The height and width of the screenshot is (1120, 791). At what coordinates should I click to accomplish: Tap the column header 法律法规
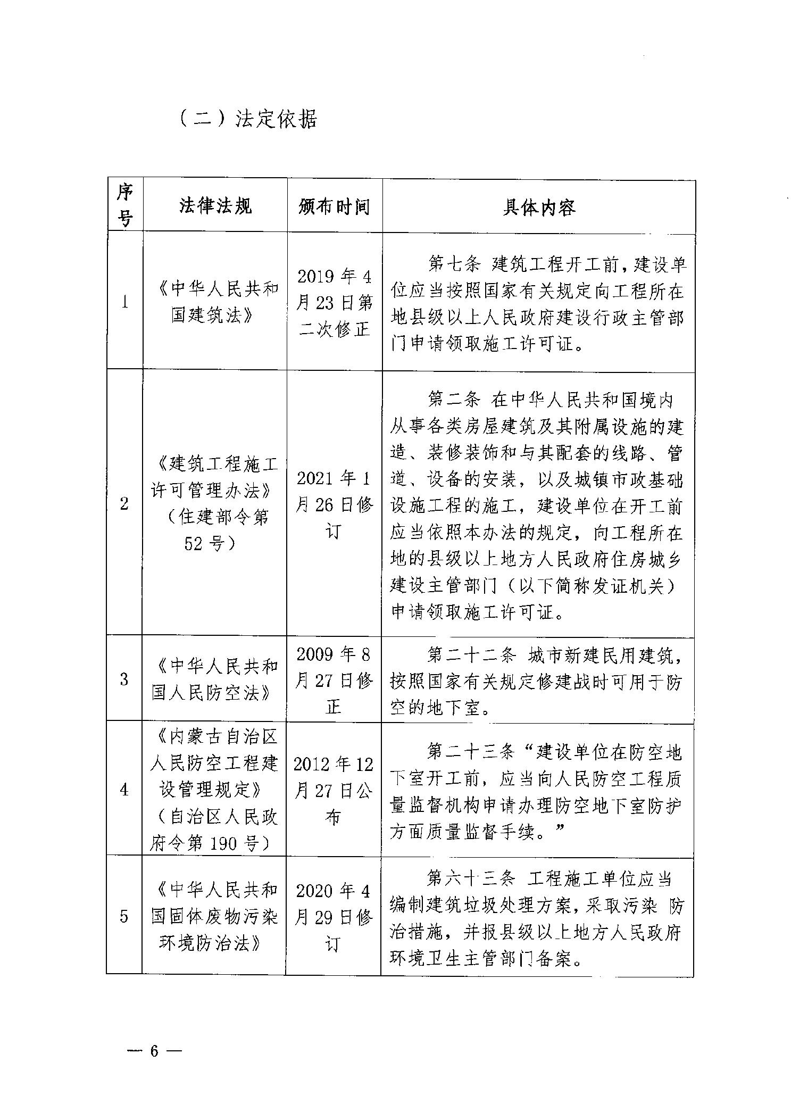point(215,206)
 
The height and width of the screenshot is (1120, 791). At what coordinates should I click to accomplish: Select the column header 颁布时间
point(334,206)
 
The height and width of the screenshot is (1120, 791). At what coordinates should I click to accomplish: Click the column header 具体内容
point(538,207)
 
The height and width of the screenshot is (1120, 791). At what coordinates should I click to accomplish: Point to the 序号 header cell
point(125,205)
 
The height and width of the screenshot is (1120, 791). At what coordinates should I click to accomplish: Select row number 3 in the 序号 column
point(124,679)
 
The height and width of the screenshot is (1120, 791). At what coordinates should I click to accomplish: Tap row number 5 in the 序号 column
point(124,916)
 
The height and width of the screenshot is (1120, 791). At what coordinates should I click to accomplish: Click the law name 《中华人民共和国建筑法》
point(215,302)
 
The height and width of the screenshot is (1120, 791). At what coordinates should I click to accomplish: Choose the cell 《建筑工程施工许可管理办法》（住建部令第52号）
point(215,503)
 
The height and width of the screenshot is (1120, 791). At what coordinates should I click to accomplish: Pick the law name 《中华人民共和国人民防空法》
point(215,679)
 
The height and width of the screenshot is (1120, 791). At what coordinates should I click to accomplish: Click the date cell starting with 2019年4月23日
point(334,303)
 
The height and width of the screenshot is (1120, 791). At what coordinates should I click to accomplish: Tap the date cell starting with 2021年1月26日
point(334,504)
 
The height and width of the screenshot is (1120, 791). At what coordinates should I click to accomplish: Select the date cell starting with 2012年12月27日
point(334,791)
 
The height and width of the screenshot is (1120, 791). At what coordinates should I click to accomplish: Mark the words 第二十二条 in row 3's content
point(471,655)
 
